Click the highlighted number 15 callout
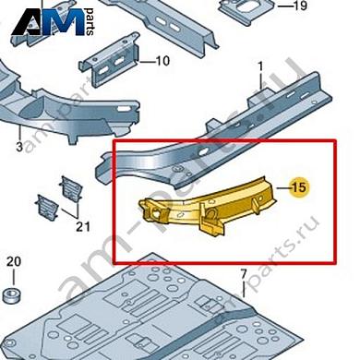300,186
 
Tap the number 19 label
299,6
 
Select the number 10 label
162,61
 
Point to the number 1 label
261,66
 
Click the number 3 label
19,147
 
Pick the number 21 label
83,227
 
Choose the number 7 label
244,273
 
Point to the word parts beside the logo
90,22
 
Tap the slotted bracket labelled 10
110,60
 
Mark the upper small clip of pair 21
71,187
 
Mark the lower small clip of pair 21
47,207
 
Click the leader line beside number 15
283,187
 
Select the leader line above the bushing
14,277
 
